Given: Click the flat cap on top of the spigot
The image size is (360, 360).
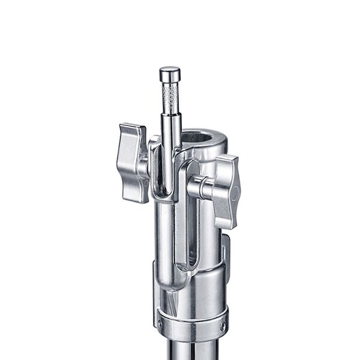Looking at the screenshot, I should pyautogui.click(x=170, y=74).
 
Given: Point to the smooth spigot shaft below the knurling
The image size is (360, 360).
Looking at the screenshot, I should pyautogui.click(x=170, y=129).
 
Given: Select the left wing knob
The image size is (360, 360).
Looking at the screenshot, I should pyautogui.click(x=133, y=162).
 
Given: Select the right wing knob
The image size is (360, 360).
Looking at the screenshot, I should pyautogui.click(x=226, y=191).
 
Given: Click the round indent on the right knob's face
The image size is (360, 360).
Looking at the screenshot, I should pyautogui.click(x=235, y=193).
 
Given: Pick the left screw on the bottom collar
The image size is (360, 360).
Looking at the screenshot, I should pyautogui.click(x=160, y=324).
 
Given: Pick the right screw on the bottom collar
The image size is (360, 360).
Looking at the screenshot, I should pyautogui.click(x=223, y=326).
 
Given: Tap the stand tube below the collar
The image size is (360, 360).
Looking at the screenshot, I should pyautogui.click(x=191, y=351).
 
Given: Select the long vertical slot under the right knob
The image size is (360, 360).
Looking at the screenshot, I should pyautogui.click(x=192, y=234).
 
